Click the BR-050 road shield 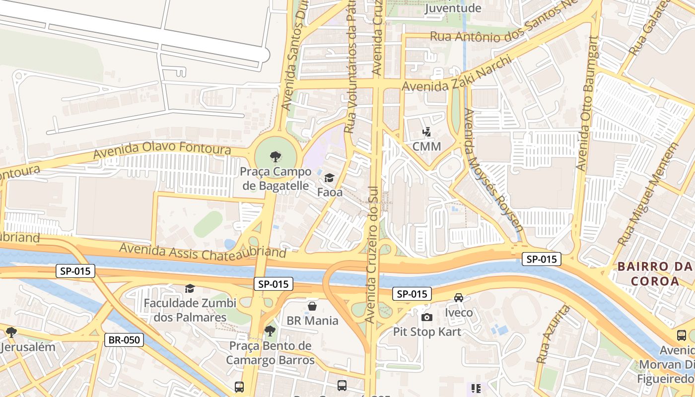click(124, 340)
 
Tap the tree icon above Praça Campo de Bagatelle click(275, 157)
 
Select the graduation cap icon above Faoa click(329, 178)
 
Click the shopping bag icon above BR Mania click(312, 306)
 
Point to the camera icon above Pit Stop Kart click(426, 317)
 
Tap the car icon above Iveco click(459, 298)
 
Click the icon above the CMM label click(426, 132)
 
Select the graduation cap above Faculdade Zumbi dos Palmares click(190, 288)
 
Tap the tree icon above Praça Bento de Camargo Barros click(270, 331)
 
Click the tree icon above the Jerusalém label click(11, 332)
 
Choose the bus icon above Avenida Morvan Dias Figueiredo click(682, 335)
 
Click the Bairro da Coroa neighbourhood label click(654, 273)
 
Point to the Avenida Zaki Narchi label click(456, 74)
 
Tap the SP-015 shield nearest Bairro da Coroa click(541, 259)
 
